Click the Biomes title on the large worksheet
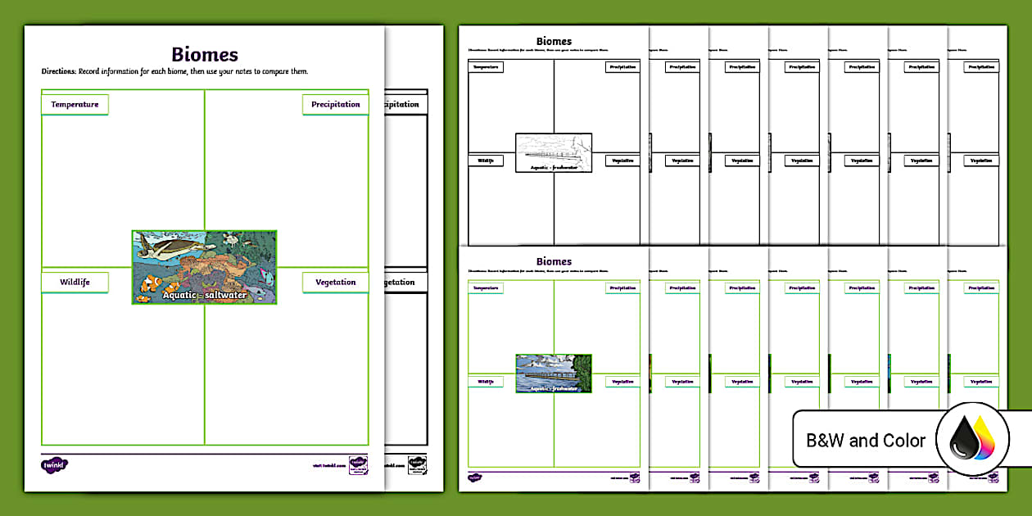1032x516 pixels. [205, 55]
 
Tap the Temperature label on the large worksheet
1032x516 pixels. [75, 105]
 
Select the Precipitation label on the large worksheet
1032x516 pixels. [335, 105]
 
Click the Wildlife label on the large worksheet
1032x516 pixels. [75, 283]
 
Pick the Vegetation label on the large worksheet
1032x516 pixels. [335, 283]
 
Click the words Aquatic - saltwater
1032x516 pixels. [204, 295]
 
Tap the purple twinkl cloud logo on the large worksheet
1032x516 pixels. [54, 464]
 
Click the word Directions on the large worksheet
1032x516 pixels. [58, 72]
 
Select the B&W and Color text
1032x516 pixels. [866, 441]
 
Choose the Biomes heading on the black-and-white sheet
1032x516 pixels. [554, 42]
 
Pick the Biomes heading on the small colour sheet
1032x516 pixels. [554, 262]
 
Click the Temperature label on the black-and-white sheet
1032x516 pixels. [486, 67]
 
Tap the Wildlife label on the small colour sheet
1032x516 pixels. [486, 382]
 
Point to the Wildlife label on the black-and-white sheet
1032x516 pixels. [486, 161]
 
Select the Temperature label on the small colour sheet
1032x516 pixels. [486, 288]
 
